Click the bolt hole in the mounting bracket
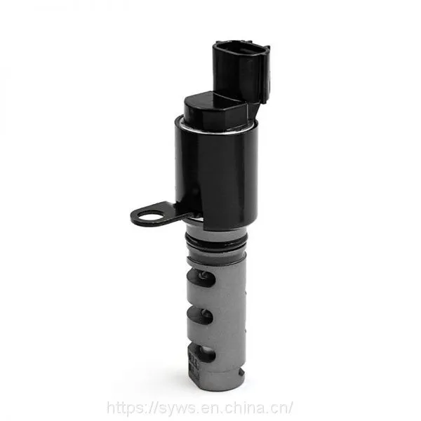point(149,216)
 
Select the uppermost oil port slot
point(201,277)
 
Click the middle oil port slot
point(200,315)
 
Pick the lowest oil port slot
point(201,353)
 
